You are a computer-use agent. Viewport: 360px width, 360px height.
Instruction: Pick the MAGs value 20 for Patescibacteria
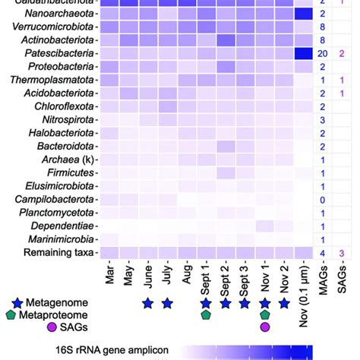coord(323,53)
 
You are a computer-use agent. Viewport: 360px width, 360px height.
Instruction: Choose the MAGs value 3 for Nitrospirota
coord(323,119)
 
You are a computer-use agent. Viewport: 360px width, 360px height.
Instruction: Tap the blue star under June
coord(147,303)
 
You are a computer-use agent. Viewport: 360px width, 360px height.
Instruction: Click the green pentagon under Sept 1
coord(206,315)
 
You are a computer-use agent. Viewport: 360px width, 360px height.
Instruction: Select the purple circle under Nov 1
coord(264,327)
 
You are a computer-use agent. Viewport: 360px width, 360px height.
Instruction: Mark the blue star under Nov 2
coord(284,303)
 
